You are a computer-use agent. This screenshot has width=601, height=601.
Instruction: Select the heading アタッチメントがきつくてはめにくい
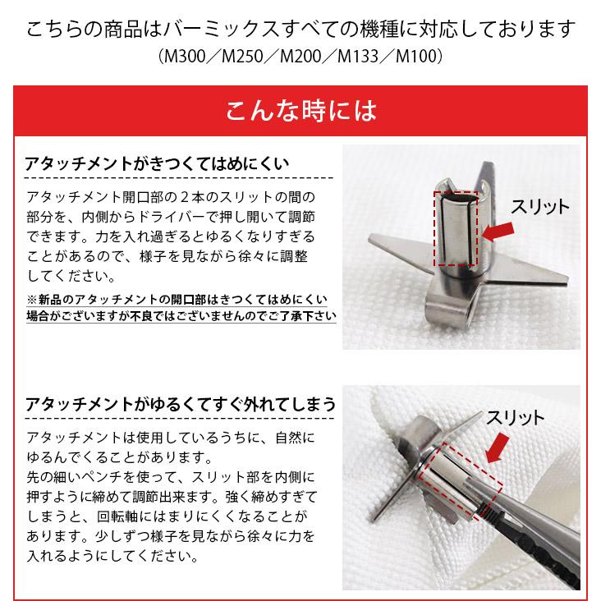click(157, 163)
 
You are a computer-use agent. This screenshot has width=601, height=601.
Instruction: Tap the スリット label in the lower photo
click(515, 417)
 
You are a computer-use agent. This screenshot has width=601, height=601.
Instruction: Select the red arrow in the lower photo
click(499, 448)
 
